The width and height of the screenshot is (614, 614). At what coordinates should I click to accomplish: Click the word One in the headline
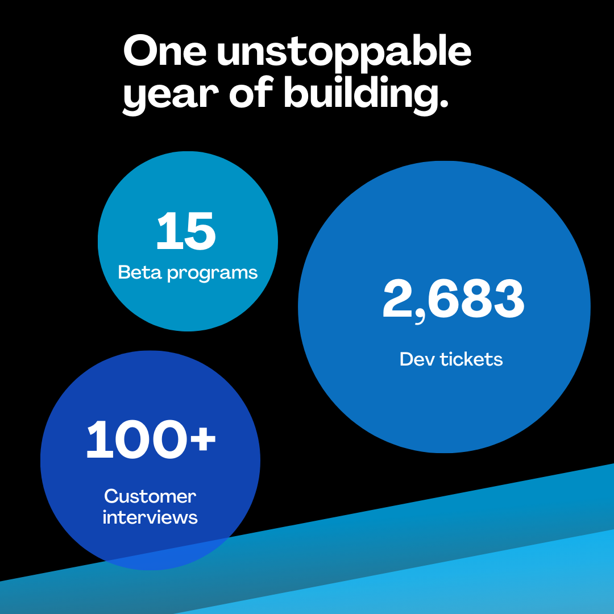(165, 51)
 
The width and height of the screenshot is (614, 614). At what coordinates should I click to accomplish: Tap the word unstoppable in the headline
(344, 53)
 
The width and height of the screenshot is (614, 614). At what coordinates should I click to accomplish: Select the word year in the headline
(171, 96)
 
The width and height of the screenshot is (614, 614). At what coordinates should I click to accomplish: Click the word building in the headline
(361, 94)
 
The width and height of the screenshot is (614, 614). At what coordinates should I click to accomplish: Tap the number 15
(186, 231)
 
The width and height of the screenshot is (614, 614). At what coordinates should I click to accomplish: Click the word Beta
(140, 272)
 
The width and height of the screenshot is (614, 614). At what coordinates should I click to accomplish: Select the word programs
(213, 273)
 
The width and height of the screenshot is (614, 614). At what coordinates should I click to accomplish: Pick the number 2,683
(453, 300)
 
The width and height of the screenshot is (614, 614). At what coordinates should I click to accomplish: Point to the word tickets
(471, 359)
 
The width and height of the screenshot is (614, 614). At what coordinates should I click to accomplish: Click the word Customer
(150, 496)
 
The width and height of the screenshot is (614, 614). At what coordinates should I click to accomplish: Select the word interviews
(150, 517)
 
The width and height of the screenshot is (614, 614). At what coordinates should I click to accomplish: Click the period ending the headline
(443, 103)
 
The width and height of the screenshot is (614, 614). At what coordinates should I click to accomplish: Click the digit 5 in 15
(200, 231)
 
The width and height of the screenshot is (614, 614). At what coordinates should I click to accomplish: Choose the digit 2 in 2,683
(398, 298)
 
